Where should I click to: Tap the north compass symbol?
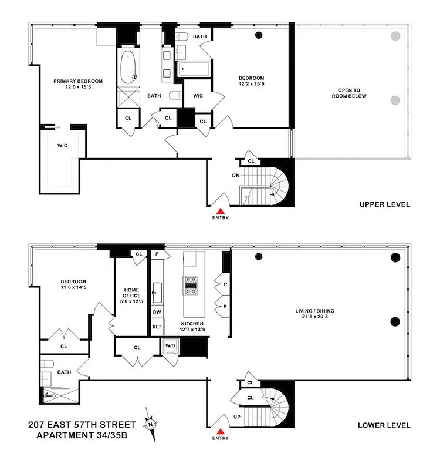(151, 424)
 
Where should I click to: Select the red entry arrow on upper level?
(221, 211)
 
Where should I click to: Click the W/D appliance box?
(170, 345)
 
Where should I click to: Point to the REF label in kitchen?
(157, 327)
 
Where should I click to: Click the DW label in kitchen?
(157, 312)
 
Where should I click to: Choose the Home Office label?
(130, 293)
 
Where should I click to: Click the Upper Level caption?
(384, 204)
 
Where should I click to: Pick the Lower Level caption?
(384, 425)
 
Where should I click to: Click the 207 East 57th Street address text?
(82, 424)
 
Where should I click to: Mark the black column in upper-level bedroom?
(258, 35)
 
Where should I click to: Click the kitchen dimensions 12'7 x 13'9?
(192, 330)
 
